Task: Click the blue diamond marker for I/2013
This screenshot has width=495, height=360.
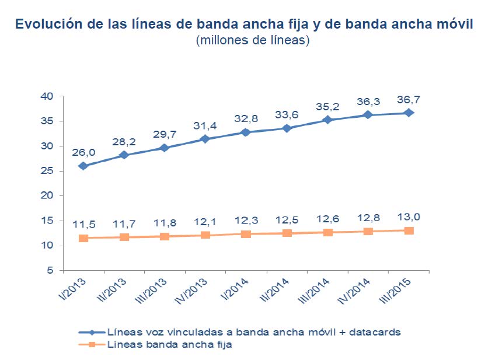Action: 83,166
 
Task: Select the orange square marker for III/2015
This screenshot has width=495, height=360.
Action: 409,230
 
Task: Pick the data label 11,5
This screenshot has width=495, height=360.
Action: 83,225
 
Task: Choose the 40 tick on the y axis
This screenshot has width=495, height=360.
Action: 48,96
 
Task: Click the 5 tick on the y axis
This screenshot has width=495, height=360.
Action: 51,271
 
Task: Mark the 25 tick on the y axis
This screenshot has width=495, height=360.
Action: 48,171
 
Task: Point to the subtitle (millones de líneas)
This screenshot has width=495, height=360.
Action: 252,41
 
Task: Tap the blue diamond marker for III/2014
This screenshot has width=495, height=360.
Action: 327,120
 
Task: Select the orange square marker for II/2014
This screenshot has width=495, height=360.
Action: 287,233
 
